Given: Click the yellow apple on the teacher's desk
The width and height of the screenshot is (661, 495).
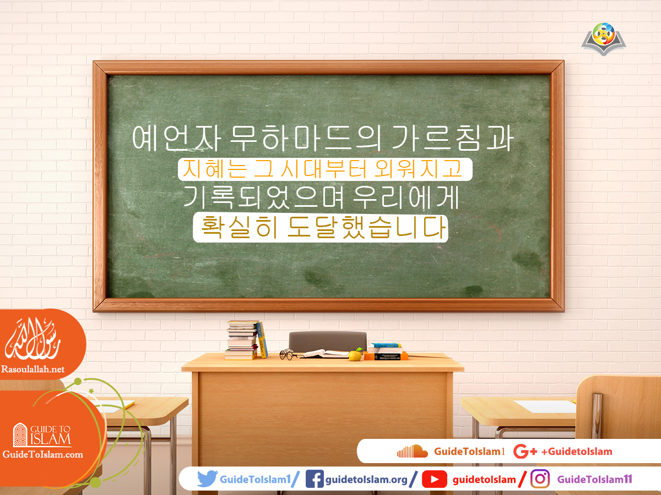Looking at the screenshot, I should (x=355, y=355).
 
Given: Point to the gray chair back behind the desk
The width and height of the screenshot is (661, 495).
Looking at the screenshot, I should (x=328, y=340).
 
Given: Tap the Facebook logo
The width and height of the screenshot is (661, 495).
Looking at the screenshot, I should (x=314, y=479).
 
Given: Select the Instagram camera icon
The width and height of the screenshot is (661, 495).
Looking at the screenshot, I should (x=540, y=479).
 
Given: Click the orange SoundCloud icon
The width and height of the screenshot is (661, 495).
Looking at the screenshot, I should (x=412, y=452).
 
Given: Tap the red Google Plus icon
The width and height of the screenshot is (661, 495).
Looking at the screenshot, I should (x=524, y=452).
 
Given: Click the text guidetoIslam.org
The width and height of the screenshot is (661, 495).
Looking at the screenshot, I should (x=366, y=480).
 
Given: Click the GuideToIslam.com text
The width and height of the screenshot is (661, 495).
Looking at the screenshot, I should (x=43, y=454).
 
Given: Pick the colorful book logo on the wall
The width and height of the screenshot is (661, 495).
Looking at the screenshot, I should (x=604, y=38).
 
